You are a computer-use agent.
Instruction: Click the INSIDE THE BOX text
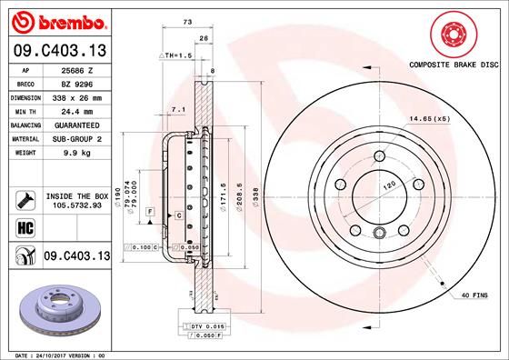(x=76, y=195)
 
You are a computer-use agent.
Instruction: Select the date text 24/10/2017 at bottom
(x=59, y=354)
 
